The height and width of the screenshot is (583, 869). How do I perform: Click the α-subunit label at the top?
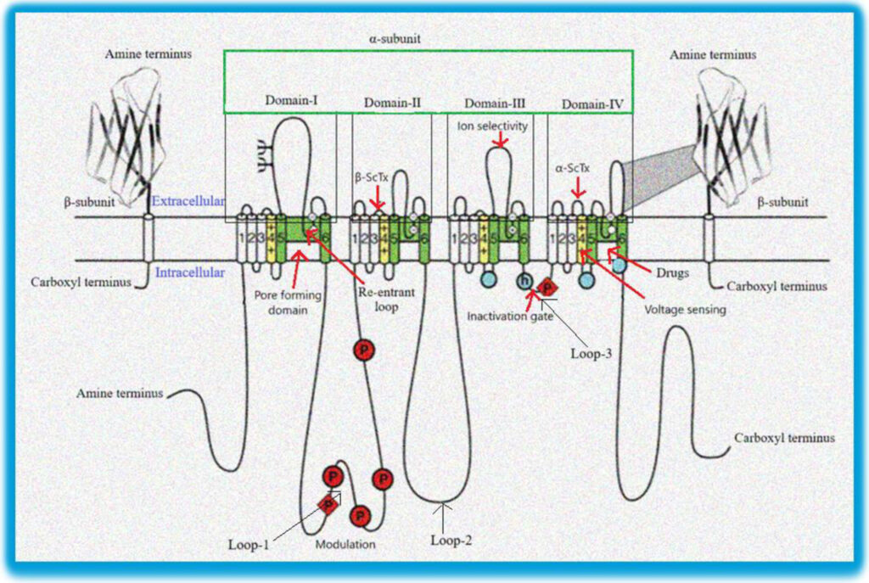point(401,39)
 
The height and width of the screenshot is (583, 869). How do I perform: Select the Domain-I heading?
point(291,102)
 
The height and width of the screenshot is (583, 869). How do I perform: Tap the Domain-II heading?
point(393,103)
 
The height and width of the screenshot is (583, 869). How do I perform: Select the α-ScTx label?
point(573,168)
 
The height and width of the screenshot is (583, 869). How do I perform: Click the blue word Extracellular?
point(188,201)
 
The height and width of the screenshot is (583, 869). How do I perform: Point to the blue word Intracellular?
point(190,272)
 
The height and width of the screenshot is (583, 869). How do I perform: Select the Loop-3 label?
point(591,350)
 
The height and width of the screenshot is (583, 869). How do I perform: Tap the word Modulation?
point(345,544)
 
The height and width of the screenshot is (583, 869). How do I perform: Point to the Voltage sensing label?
point(686,310)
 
